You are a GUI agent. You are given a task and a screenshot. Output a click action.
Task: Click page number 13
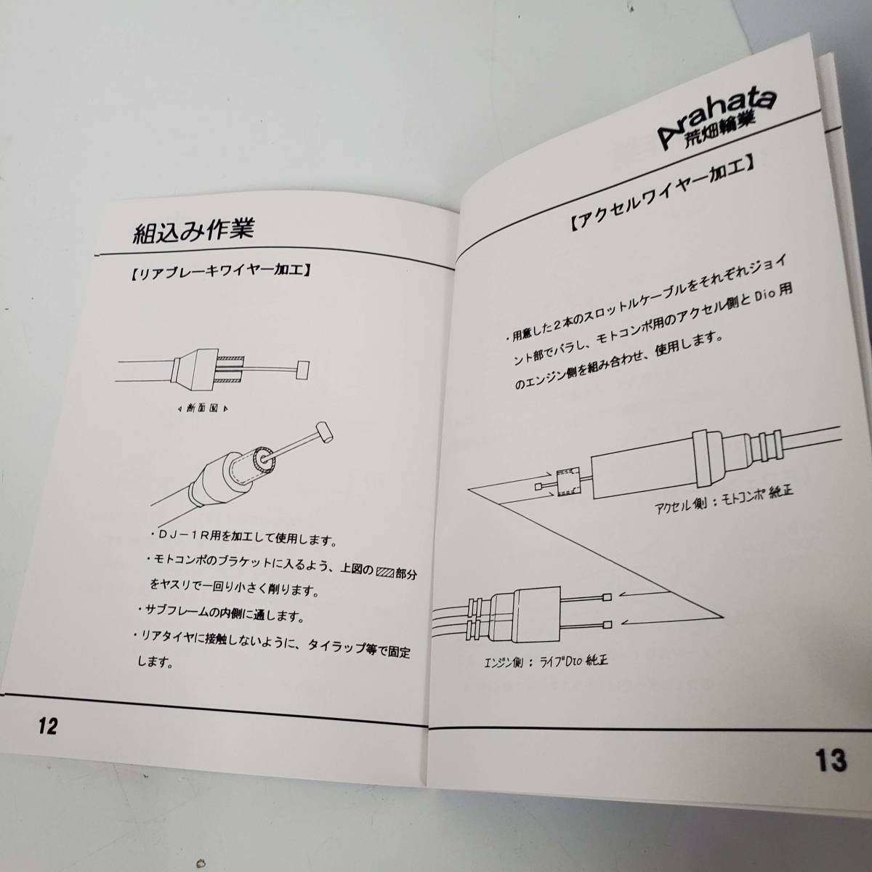831,760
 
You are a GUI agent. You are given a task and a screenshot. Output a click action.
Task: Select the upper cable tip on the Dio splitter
607,597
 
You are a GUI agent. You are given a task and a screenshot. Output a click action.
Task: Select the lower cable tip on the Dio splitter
607,625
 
